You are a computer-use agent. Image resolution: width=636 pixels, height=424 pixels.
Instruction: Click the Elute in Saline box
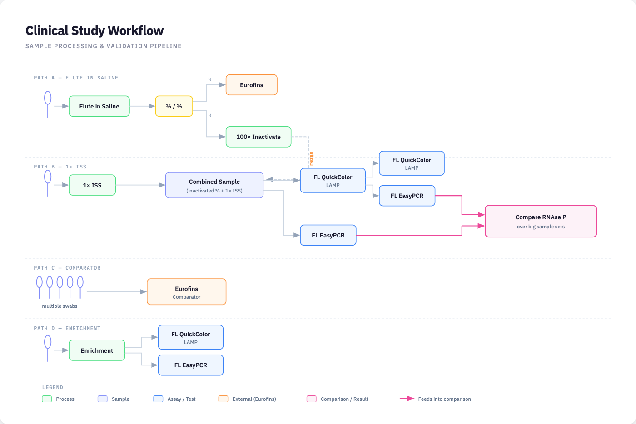click(x=99, y=106)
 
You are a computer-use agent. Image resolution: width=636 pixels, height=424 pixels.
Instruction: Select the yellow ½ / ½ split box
click(x=174, y=106)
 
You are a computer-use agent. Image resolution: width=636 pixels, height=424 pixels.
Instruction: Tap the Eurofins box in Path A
click(x=251, y=85)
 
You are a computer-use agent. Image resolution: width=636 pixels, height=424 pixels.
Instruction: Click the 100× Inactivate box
click(x=258, y=137)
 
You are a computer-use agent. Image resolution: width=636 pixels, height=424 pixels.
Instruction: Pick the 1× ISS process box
click(x=92, y=185)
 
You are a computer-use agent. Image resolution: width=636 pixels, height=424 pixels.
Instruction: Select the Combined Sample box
click(x=214, y=185)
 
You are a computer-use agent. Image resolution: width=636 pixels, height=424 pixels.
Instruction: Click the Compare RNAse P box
click(x=541, y=222)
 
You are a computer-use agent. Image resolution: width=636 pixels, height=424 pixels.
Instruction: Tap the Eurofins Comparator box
click(x=186, y=292)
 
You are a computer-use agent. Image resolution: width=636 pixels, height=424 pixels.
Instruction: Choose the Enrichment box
click(x=97, y=350)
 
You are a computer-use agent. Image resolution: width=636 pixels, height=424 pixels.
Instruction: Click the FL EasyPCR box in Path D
click(x=190, y=365)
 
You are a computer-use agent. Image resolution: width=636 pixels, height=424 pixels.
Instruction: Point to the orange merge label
click(x=311, y=158)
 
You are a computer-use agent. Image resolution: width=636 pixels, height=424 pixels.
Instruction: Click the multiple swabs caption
click(x=60, y=306)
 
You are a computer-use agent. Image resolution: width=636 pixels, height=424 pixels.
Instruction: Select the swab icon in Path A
click(x=48, y=104)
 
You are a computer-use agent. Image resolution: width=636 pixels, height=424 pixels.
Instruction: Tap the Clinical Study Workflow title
click(x=94, y=30)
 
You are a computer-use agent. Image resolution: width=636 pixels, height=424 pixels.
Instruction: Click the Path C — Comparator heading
click(x=67, y=268)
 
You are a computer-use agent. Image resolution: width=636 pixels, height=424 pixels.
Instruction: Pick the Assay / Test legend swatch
click(x=158, y=399)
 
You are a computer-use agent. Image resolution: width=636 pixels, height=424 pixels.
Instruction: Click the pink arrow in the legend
click(x=407, y=399)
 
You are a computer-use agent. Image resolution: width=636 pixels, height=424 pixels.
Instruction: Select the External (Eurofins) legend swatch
click(x=223, y=399)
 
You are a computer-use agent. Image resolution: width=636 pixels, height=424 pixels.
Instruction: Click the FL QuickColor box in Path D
click(x=190, y=337)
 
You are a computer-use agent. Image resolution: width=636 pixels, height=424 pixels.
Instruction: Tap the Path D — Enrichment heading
click(x=67, y=328)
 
